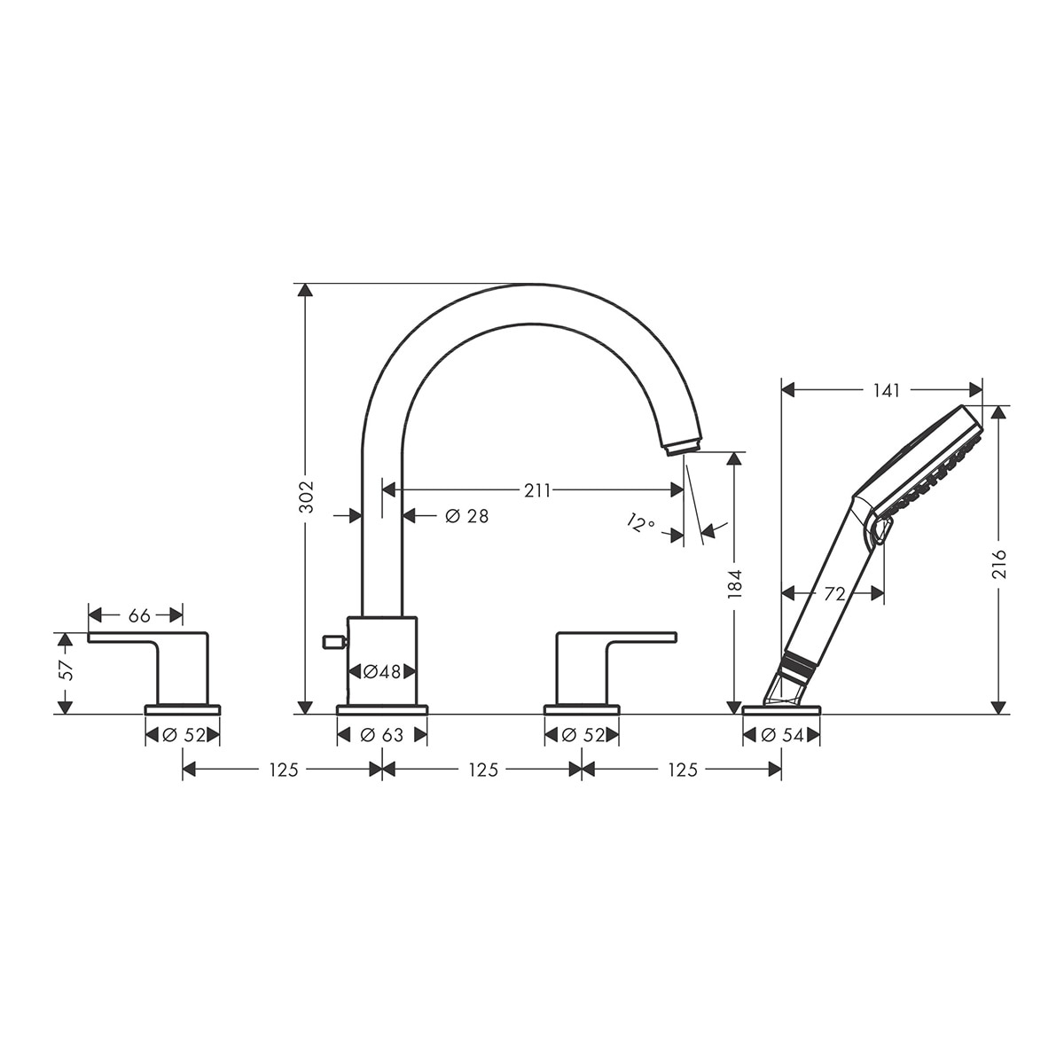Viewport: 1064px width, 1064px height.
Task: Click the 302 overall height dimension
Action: coord(306,497)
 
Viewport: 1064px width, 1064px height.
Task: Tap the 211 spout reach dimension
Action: coord(537,490)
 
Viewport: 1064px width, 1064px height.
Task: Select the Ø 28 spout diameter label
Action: coord(467,516)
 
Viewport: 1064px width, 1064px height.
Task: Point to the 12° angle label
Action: coord(640,521)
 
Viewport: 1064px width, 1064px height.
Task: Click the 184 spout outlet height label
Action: coord(734,583)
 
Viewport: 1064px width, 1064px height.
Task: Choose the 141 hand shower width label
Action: coord(886,390)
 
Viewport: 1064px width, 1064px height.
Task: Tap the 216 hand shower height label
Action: coord(999,564)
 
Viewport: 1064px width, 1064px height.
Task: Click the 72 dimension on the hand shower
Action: coord(835,594)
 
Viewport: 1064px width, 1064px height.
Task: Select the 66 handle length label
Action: coord(139,615)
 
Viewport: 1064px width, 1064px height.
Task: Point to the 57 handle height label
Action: coord(66,670)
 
